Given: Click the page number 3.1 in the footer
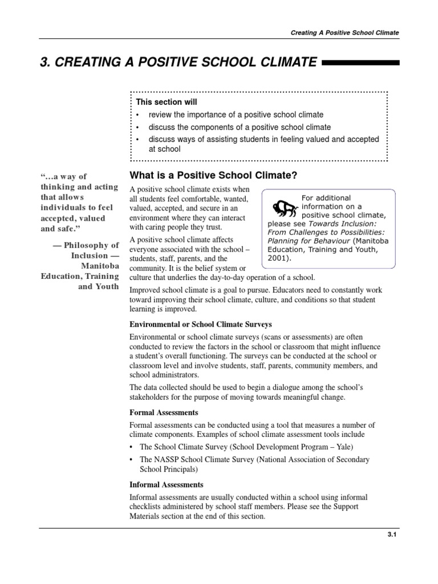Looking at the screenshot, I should [392, 535].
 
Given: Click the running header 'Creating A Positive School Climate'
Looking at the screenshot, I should [344, 33].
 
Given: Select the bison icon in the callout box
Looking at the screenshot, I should [283, 208].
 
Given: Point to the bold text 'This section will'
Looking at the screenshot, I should [167, 102].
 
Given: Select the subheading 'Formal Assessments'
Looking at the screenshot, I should [164, 412].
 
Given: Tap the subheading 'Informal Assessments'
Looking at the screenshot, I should [167, 484].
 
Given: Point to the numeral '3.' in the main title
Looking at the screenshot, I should [46, 62].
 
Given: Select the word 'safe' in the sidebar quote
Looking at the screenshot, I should [74, 228].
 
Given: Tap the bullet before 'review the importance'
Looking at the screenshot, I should [138, 115].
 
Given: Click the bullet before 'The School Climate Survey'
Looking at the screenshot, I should [132, 447].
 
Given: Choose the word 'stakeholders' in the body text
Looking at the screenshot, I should [152, 397].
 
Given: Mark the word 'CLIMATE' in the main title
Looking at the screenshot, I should [282, 62].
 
